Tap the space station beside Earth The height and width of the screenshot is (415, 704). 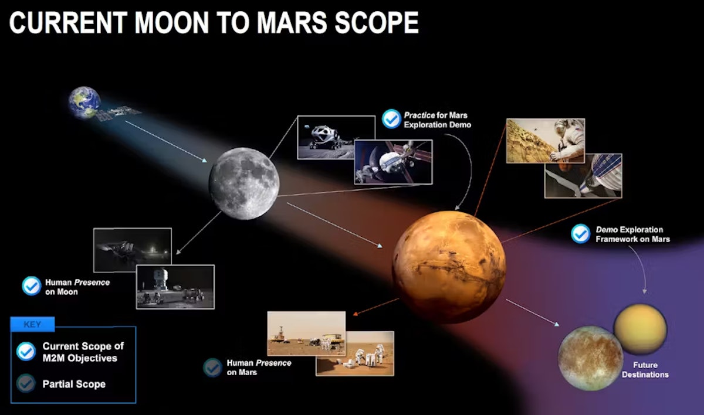tap(119, 113)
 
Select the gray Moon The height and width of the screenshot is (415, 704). tap(244, 183)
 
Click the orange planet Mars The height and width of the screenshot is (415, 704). tap(449, 267)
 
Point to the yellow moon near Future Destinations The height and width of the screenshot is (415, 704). tap(640, 329)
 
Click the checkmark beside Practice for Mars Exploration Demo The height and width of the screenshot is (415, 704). tap(391, 120)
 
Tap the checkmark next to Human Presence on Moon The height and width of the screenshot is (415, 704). tap(31, 286)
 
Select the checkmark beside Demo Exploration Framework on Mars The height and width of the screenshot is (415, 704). tap(581, 234)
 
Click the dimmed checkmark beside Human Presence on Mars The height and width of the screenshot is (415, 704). tap(212, 368)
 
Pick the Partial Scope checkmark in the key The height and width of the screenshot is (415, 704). tap(26, 384)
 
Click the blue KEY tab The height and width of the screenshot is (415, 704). tap(32, 324)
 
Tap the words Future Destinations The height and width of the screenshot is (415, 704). tap(645, 370)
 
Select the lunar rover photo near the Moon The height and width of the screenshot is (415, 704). tap(336, 137)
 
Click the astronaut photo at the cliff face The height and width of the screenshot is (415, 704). tap(545, 141)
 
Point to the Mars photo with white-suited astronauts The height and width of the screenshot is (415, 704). tap(355, 353)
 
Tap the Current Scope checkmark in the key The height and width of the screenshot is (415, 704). tap(26, 351)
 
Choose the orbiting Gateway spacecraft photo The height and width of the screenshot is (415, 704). tap(393, 161)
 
